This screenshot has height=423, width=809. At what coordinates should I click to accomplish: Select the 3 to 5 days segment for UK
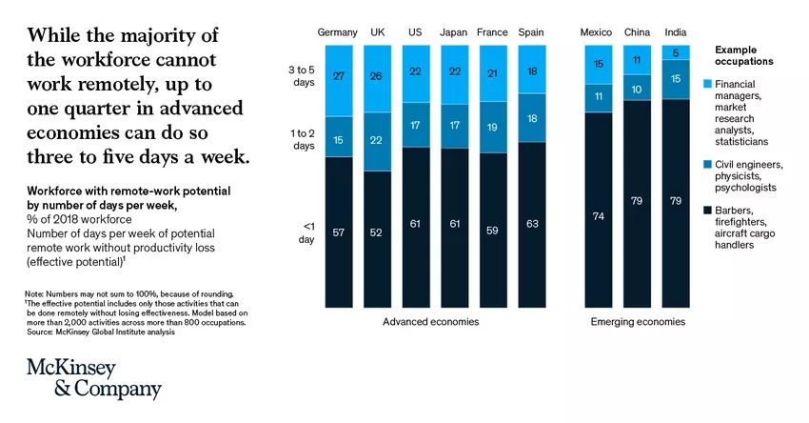378,77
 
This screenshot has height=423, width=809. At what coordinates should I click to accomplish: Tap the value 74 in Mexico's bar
597,216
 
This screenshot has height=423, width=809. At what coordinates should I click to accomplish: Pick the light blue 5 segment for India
675,53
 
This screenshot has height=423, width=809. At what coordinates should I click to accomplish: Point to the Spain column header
531,33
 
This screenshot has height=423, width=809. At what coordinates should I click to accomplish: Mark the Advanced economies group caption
430,322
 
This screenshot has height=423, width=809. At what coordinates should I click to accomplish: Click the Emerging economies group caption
637,322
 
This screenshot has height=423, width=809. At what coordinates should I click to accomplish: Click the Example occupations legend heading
745,54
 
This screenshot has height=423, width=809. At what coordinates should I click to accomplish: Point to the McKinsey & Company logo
92,379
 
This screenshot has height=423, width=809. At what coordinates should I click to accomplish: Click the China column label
637,33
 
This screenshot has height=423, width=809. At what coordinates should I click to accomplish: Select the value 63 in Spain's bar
531,225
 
